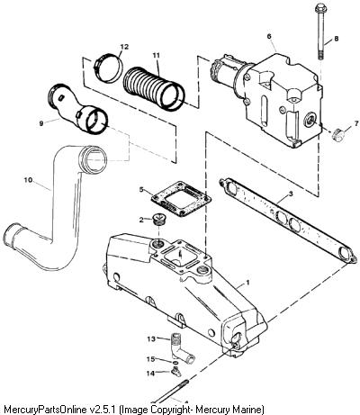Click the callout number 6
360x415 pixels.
pos(269,36)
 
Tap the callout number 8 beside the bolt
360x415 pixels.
pos(336,39)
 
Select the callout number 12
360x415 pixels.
pos(124,47)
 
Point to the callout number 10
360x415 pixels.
pos(28,180)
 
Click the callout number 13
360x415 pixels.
pos(151,338)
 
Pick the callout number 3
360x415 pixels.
pos(291,194)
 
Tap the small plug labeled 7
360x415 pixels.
pos(338,135)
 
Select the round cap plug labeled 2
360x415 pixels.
pos(158,220)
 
